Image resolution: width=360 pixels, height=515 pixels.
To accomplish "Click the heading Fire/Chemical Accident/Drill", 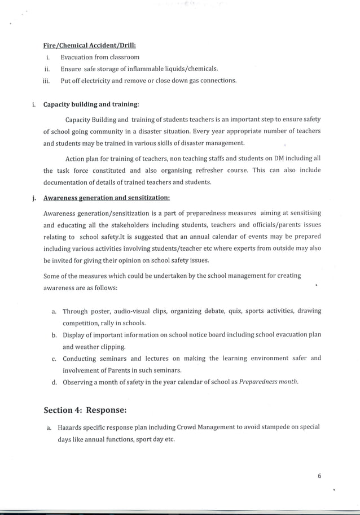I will coord(90,45).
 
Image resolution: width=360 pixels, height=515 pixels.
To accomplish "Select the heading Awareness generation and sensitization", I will coord(107,198).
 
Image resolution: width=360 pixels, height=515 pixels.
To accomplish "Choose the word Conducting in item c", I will coord(80,359).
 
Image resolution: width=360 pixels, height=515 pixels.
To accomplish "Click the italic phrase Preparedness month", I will coord(268,382).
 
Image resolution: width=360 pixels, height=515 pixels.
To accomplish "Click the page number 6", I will coord(319,476).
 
